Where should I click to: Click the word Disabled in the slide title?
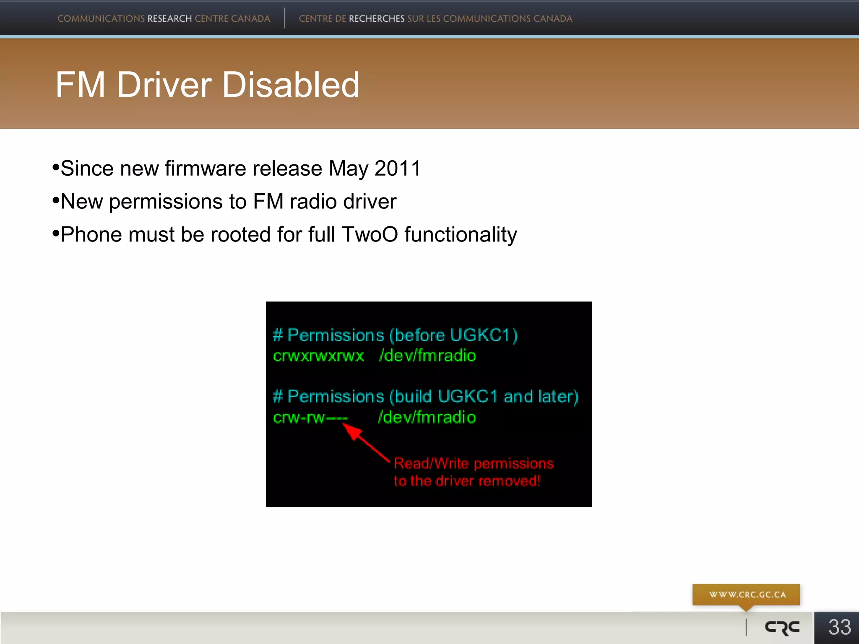point(291,85)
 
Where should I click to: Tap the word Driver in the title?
point(164,85)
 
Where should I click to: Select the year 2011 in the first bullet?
point(397,169)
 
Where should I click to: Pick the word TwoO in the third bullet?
point(370,234)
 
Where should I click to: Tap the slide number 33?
point(839,627)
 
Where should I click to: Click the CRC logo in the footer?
point(782,627)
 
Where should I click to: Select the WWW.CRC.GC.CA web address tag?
point(747,595)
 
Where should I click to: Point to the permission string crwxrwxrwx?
point(318,356)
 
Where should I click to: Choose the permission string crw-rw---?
point(310,418)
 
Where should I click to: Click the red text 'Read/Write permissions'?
point(474,463)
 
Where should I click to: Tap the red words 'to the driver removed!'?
point(467,480)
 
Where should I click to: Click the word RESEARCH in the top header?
point(169,19)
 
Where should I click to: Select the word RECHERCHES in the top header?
point(377,19)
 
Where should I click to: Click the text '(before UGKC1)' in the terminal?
point(453,335)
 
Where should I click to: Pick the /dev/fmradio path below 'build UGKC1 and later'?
point(427,418)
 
